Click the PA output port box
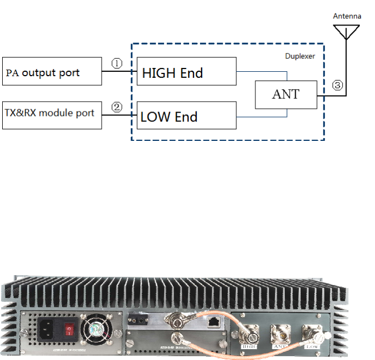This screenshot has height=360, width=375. click(x=52, y=71)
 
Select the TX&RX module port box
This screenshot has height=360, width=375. click(x=52, y=114)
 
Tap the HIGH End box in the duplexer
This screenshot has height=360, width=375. click(x=186, y=71)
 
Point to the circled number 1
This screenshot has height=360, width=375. click(x=117, y=63)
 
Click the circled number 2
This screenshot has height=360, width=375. click(x=117, y=107)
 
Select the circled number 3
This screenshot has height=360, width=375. click(x=338, y=85)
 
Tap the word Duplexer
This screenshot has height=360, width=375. click(x=300, y=55)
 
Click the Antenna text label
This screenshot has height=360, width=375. click(x=347, y=16)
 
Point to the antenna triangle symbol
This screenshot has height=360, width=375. click(x=347, y=30)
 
